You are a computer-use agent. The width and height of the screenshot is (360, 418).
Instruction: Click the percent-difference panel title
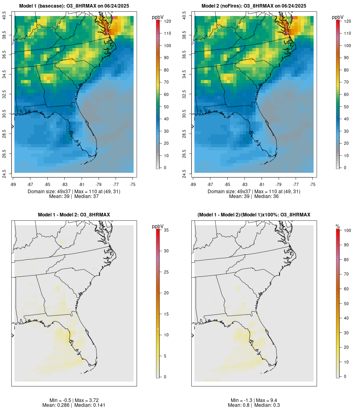(254, 215)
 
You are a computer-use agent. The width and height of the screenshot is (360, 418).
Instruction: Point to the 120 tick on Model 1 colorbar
(167, 21)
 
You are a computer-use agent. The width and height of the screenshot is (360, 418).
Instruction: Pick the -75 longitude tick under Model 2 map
(312, 184)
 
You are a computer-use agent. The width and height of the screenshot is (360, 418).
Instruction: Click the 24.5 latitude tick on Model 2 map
(184, 173)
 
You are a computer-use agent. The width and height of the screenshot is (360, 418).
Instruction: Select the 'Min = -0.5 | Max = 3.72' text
(74, 400)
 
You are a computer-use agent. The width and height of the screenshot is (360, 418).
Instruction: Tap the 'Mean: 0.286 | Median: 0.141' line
(74, 405)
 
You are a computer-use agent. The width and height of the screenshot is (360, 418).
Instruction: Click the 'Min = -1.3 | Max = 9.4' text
(254, 400)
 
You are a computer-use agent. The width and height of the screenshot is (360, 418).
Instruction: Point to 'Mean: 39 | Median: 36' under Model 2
(254, 196)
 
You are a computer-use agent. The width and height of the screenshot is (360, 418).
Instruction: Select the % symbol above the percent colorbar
(338, 226)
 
